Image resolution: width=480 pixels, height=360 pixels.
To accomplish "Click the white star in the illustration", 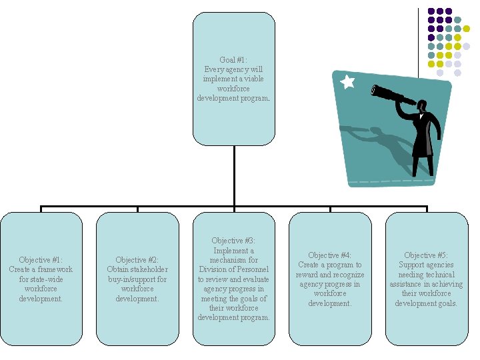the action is (347, 82).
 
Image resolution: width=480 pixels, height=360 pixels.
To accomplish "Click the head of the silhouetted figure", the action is (423, 106).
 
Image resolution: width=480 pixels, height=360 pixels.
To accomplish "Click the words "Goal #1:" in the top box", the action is (233, 60).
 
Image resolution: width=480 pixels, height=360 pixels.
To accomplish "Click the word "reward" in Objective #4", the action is (309, 275).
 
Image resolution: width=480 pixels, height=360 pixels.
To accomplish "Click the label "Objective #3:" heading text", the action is (233, 241).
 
